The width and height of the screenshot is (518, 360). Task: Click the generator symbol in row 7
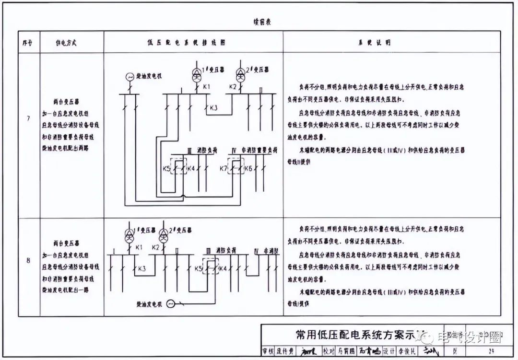pyautogui.click(x=129, y=76)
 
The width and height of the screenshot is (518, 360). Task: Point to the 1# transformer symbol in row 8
pyautogui.click(x=129, y=234)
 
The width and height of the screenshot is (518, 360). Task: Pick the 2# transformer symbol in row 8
pyautogui.click(x=163, y=234)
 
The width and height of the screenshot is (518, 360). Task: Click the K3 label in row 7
pyautogui.click(x=214, y=108)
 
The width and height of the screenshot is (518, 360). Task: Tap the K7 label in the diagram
pyautogui.click(x=224, y=168)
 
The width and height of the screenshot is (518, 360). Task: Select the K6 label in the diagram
pyautogui.click(x=248, y=168)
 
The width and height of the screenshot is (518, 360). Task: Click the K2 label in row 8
pyautogui.click(x=155, y=247)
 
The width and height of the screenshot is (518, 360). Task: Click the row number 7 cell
pyautogui.click(x=28, y=117)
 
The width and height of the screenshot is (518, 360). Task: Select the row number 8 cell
pyautogui.click(x=28, y=260)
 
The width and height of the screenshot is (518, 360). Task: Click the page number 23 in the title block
pyautogui.click(x=491, y=351)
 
